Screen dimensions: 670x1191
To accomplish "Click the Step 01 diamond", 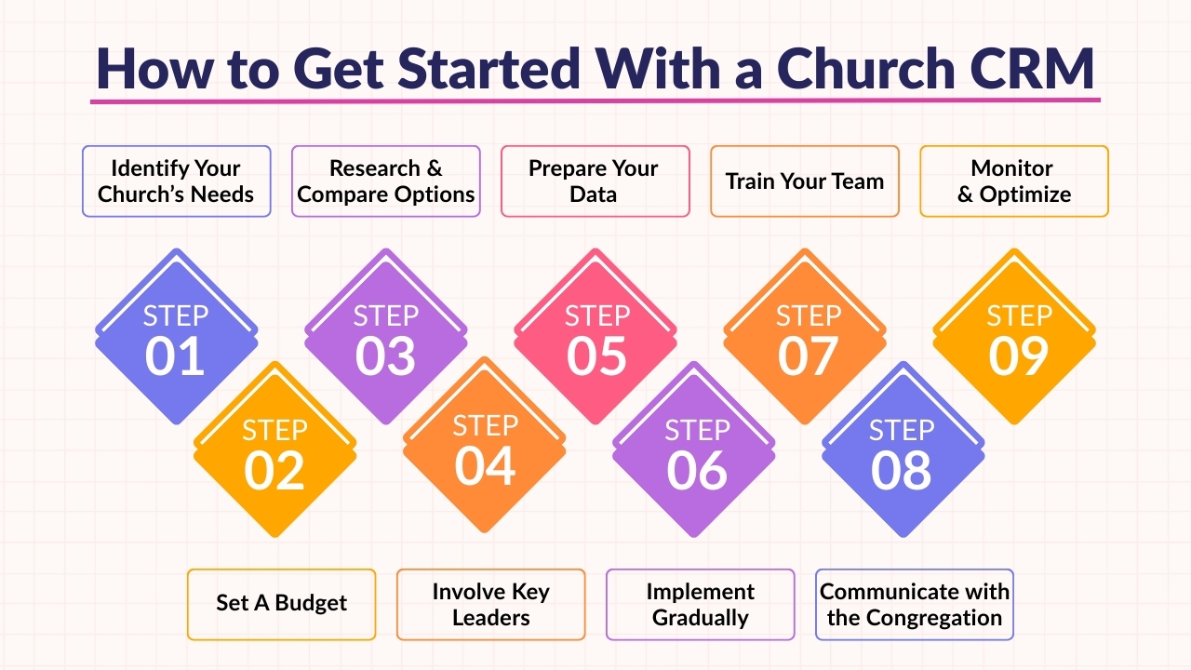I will coord(176,339).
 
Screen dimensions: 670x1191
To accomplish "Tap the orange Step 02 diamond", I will coord(274,453).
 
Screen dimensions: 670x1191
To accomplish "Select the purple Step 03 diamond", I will coord(385,339).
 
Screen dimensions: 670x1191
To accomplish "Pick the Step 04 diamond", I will coord(484,449).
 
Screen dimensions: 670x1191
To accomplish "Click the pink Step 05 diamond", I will coord(596,339).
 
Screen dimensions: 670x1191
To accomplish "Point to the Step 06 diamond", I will coord(694,453).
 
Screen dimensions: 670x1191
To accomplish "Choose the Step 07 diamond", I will coord(806,339).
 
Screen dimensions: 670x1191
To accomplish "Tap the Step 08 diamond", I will coord(903,453).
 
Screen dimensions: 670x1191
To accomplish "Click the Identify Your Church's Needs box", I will coord(176,181).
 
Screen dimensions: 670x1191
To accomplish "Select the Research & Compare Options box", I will coord(386,181).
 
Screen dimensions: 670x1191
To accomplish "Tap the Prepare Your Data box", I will coord(595,181).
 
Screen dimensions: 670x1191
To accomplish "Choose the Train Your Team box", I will coord(805,181).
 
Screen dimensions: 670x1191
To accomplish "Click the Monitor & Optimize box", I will coord(1014,181).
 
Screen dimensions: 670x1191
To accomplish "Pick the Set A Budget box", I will coord(281,604).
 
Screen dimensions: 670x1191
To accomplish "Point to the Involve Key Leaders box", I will coord(490,604).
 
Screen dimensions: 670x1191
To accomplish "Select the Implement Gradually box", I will coord(700,604).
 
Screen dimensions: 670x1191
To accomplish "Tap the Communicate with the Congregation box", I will coord(914,604).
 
